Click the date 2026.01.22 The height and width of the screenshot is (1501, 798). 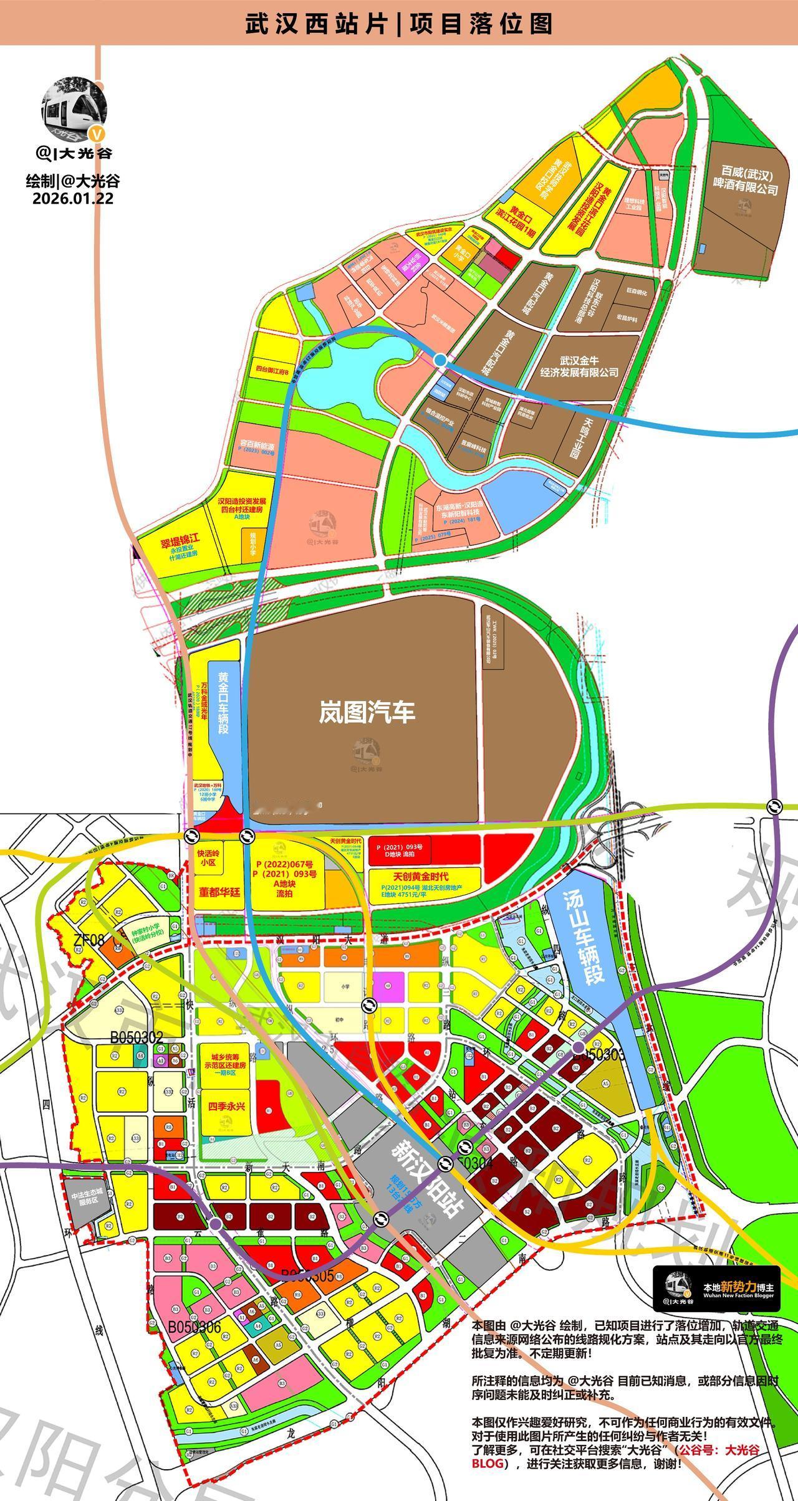(x=72, y=198)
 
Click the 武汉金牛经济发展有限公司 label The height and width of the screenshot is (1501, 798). (x=580, y=366)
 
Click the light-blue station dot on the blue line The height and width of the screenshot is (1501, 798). (x=440, y=360)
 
